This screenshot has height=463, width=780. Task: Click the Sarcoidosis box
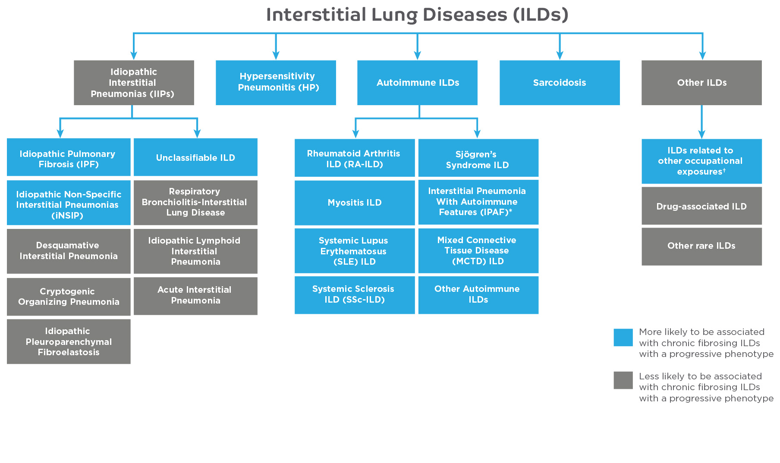coord(560,83)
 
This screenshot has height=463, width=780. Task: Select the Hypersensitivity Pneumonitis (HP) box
coord(276,83)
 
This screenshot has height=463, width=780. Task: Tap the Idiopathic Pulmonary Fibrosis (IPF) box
coord(69,157)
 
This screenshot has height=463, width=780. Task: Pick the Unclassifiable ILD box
coord(195,157)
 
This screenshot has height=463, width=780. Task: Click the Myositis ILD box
coord(355,203)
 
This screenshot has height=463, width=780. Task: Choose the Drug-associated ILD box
coord(701,206)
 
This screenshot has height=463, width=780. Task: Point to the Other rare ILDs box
coord(701,246)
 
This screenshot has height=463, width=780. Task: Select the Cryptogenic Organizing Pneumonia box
coord(69,297)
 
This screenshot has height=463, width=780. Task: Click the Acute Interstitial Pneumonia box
coord(195,296)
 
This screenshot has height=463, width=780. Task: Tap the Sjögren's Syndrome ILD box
coord(478,158)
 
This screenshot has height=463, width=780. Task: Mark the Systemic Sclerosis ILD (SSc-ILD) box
coord(355,295)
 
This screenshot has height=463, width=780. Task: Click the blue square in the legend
coord(623,338)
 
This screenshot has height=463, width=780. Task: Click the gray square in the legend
coord(623,380)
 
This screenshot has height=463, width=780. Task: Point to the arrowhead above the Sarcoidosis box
coord(560,55)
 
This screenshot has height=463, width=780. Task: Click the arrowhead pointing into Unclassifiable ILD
coord(197,133)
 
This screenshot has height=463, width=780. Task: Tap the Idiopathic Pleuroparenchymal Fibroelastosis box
coord(69,341)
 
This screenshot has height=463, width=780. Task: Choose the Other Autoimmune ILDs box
coord(478,295)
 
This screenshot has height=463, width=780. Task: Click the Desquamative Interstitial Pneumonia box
coord(69,251)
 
